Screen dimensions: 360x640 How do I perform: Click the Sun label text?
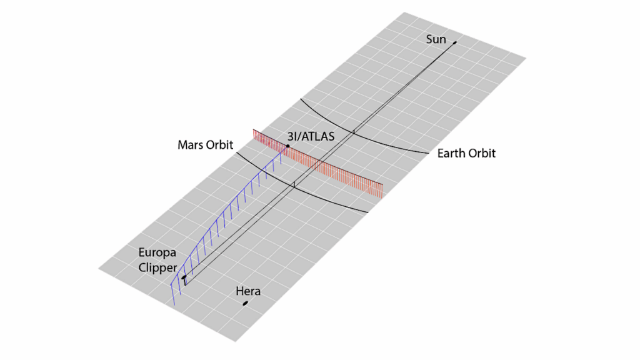[x=436, y=39]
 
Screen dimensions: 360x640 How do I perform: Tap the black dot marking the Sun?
[x=455, y=42]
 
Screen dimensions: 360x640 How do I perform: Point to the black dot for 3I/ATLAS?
[x=287, y=146]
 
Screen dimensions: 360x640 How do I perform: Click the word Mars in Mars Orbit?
[x=191, y=145]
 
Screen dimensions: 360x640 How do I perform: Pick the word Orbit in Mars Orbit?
[x=219, y=145]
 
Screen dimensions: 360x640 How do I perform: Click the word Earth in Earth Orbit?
[x=451, y=153]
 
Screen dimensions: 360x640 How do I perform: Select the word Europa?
[x=157, y=252]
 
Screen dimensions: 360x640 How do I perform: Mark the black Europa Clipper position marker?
[x=184, y=277]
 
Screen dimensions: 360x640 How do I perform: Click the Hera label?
[x=248, y=291]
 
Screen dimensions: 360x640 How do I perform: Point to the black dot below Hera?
[x=246, y=303]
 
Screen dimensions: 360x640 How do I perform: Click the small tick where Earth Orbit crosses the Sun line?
[x=354, y=131]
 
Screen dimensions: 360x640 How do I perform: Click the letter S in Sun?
[x=429, y=39]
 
